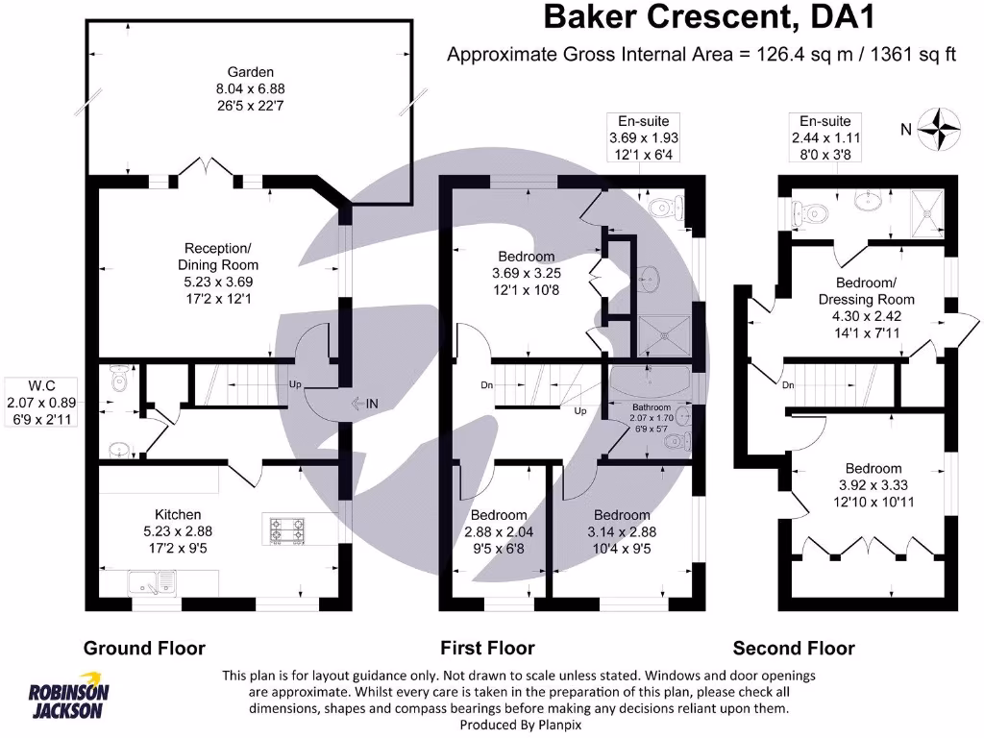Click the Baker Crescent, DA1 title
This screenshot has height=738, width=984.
[710, 17]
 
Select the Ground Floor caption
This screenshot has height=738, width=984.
[144, 648]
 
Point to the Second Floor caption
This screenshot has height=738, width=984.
[794, 648]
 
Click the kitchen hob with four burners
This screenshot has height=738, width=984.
[288, 529]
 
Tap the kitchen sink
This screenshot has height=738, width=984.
[154, 579]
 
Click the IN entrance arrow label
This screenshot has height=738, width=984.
[365, 405]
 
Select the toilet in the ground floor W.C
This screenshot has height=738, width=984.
[118, 381]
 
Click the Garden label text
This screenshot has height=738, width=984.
[250, 72]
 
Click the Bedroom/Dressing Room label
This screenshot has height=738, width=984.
[866, 291]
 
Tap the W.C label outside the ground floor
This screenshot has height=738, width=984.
[38, 388]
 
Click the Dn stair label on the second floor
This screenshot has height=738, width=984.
[788, 385]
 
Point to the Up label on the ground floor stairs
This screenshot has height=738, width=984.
[295, 385]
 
